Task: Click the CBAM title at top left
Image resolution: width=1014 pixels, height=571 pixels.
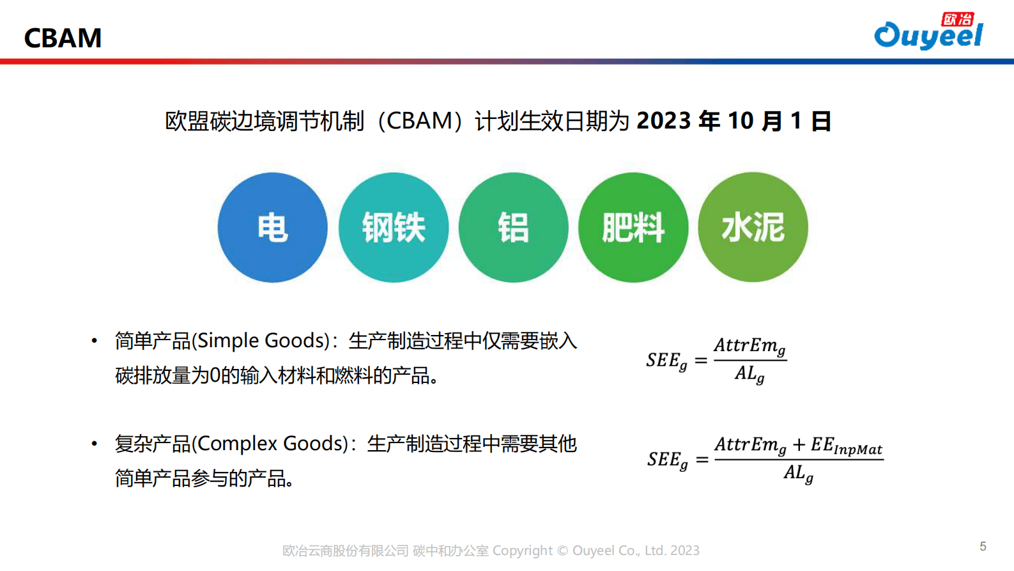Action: pyautogui.click(x=63, y=38)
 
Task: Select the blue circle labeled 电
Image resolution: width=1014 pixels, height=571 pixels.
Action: pyautogui.click(x=272, y=228)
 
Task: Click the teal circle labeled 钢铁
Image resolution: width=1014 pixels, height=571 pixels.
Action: pyautogui.click(x=393, y=228)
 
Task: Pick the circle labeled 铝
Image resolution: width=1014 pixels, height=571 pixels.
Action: pyautogui.click(x=513, y=228)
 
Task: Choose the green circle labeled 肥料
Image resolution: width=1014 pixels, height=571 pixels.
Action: pyautogui.click(x=633, y=228)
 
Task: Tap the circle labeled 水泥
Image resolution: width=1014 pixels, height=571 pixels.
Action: pyautogui.click(x=753, y=228)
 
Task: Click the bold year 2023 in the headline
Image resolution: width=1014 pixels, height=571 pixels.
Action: pyautogui.click(x=664, y=121)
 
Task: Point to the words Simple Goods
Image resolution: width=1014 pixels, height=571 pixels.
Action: pyautogui.click(x=262, y=340)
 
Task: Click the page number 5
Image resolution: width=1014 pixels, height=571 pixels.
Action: pyautogui.click(x=983, y=546)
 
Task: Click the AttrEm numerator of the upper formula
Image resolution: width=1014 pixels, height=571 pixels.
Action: pyautogui.click(x=749, y=346)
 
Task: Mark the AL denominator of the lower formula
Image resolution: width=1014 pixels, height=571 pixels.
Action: pyautogui.click(x=798, y=474)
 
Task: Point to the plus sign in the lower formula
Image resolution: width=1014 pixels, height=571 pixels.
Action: pyautogui.click(x=799, y=444)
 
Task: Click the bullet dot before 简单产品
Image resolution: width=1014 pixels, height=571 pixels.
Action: pyautogui.click(x=95, y=341)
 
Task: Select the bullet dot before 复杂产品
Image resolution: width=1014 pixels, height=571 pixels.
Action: pyautogui.click(x=95, y=443)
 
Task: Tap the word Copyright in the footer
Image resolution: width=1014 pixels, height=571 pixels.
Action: pyautogui.click(x=522, y=551)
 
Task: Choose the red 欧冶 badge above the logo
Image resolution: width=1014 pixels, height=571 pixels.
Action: pyautogui.click(x=958, y=19)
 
